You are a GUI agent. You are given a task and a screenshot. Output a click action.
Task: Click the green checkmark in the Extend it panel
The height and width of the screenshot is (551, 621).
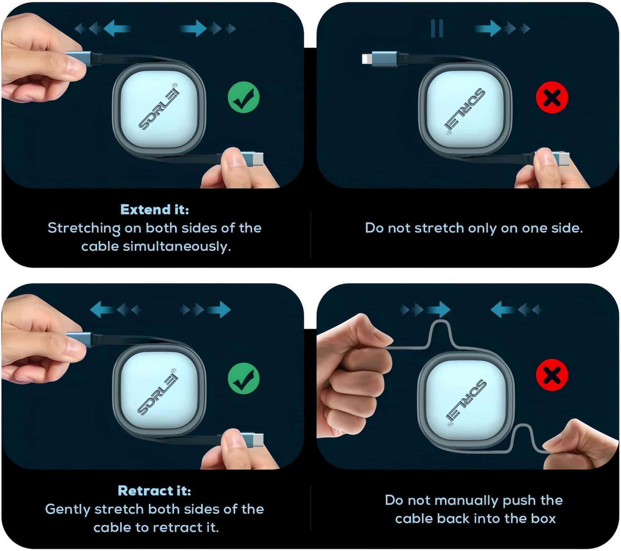coord(243,97)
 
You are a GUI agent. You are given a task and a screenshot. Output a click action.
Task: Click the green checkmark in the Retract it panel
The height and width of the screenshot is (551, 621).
coord(243,379)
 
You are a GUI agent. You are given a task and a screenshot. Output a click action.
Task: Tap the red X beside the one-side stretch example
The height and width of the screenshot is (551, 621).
coord(552,98)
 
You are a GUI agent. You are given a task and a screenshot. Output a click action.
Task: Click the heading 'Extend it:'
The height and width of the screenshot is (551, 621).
coord(155,210)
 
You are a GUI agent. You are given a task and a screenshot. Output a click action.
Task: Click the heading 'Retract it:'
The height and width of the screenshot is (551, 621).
coord(155,491)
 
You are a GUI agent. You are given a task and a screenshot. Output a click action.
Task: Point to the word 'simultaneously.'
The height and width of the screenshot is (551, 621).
coord(177,246)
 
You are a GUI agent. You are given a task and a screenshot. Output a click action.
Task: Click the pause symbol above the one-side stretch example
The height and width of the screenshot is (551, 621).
coord(437,29)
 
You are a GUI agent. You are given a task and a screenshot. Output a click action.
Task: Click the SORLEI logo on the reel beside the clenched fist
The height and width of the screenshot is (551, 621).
coord(466,401)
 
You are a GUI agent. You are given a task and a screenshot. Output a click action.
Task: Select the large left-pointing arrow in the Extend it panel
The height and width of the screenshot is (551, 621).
coord(117,29)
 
